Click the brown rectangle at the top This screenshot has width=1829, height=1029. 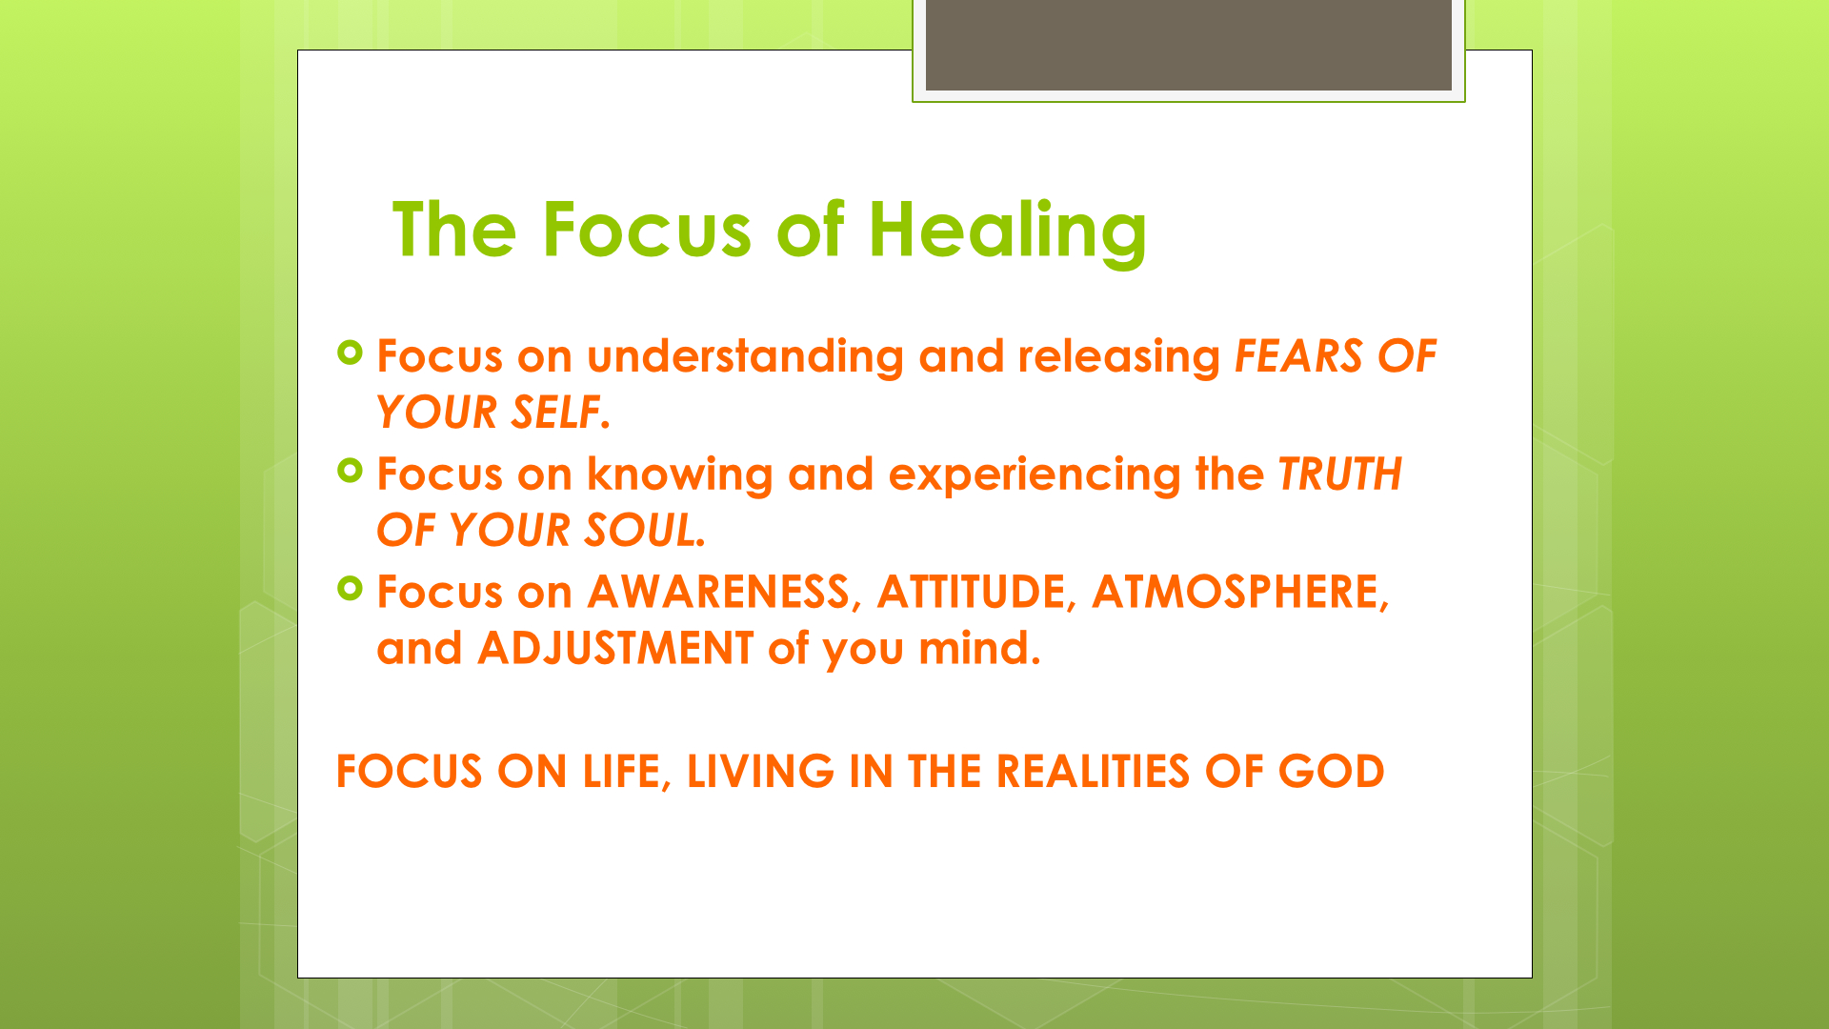click(1188, 46)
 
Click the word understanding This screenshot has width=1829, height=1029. click(745, 357)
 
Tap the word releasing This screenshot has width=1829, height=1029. click(1118, 357)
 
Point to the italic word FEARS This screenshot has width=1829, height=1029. click(1299, 356)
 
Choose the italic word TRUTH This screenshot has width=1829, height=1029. click(1340, 474)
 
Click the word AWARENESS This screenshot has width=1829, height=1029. click(718, 592)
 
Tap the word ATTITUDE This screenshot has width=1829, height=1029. click(971, 592)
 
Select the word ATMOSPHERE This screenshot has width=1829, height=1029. click(1236, 592)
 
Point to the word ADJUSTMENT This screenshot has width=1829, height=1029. click(615, 649)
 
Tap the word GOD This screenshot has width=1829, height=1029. click(1331, 772)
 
